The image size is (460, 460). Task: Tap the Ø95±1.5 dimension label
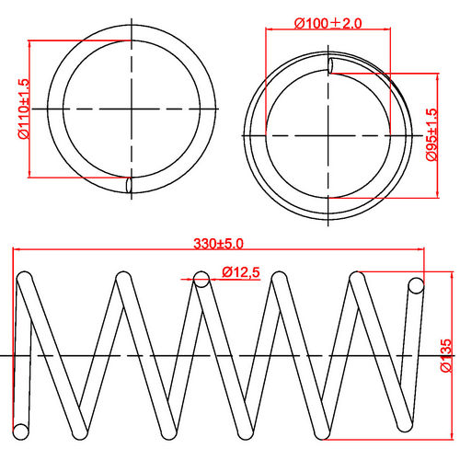pyautogui.click(x=431, y=135)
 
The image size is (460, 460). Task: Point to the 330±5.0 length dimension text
pyautogui.click(x=218, y=244)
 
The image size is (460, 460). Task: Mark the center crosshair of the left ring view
pyautogui.click(x=132, y=109)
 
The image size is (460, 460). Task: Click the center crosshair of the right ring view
pyautogui.click(x=329, y=135)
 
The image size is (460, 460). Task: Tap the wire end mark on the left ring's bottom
pyautogui.click(x=130, y=185)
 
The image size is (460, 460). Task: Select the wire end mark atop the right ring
pyautogui.click(x=330, y=64)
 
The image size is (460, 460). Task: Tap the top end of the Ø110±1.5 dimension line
pyautogui.click(x=30, y=40)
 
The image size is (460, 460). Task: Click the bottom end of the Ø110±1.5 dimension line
pyautogui.click(x=30, y=177)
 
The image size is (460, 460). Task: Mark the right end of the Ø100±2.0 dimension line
pyautogui.click(x=393, y=29)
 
